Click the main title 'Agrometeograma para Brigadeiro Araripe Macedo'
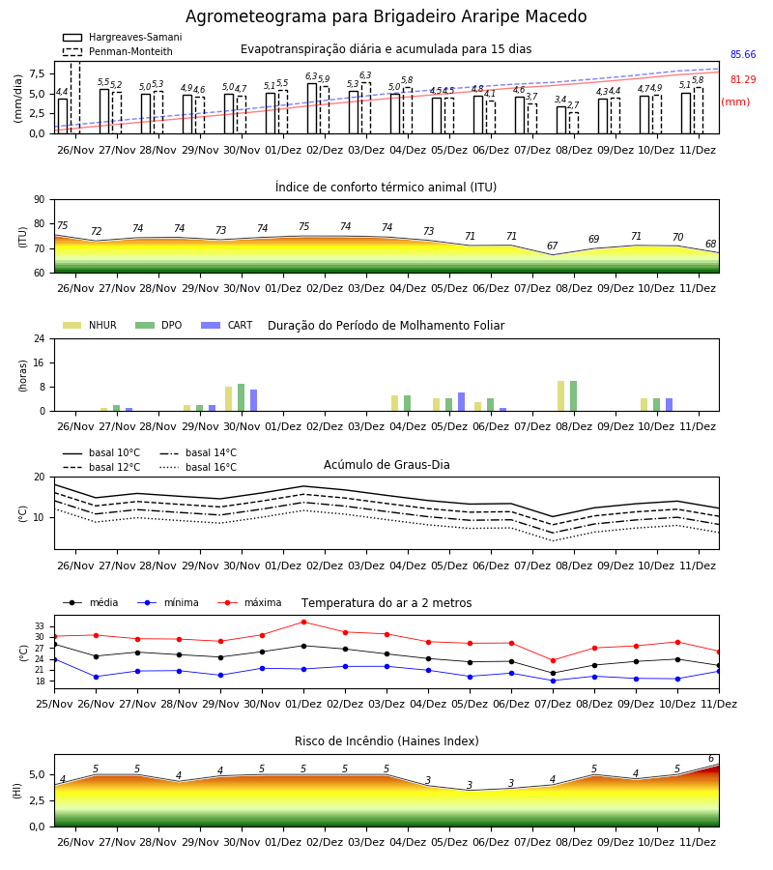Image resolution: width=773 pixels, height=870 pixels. (x=386, y=16)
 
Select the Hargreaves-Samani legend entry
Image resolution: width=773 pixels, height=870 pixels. (x=123, y=37)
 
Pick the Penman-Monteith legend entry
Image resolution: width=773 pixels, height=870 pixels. (x=118, y=51)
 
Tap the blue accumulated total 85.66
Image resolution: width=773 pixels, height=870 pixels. (x=743, y=54)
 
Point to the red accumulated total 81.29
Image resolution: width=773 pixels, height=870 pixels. (x=743, y=79)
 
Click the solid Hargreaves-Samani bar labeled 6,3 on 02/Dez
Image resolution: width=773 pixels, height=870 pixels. (x=312, y=108)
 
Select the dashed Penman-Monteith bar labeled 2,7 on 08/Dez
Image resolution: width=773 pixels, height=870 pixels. (x=574, y=123)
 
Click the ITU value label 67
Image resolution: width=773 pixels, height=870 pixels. (x=553, y=246)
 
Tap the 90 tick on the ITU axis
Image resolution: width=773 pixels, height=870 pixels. (x=40, y=200)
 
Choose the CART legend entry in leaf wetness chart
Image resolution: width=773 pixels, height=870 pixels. (x=227, y=325)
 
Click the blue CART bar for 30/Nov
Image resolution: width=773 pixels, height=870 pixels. (x=253, y=400)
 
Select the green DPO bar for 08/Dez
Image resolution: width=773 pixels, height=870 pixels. (x=573, y=396)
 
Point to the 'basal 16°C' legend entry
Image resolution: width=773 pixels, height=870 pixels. (x=198, y=467)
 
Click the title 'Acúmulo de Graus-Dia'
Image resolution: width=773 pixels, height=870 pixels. (x=386, y=465)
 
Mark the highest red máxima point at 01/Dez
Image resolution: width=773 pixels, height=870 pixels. (x=303, y=622)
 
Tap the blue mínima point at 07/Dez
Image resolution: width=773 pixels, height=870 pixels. (x=553, y=681)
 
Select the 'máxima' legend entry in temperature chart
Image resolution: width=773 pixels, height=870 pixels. (x=249, y=602)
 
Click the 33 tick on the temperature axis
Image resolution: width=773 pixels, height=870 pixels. (x=40, y=626)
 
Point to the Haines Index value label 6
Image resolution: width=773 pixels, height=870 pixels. (x=711, y=759)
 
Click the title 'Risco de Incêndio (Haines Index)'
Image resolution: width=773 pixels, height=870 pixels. (x=386, y=741)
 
